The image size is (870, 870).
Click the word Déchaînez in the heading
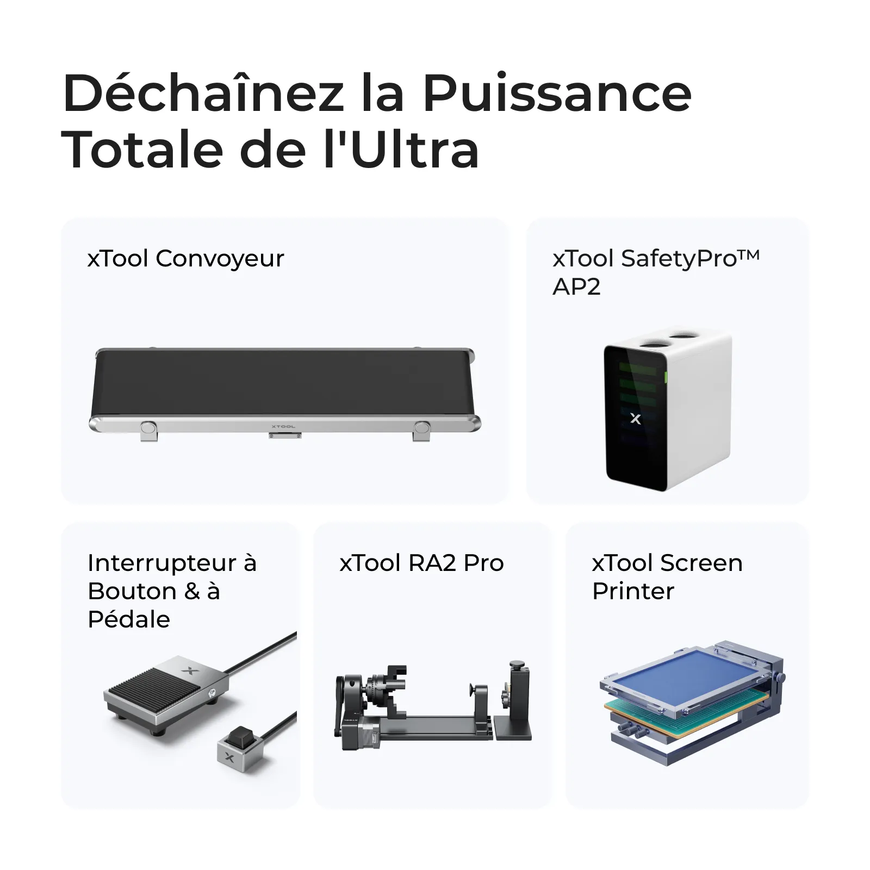point(204,94)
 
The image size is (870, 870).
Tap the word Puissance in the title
point(557,94)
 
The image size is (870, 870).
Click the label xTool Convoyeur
point(185,258)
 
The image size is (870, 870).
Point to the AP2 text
point(576,287)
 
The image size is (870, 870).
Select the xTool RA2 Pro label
point(421,563)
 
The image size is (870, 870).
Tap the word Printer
point(633,591)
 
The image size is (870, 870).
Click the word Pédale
point(129,619)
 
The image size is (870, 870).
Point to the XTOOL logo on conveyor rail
point(283,427)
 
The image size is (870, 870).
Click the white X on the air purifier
point(635,419)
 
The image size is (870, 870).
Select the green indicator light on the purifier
point(666,376)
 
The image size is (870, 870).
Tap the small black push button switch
point(238,737)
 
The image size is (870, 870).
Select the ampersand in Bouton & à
point(192,591)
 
